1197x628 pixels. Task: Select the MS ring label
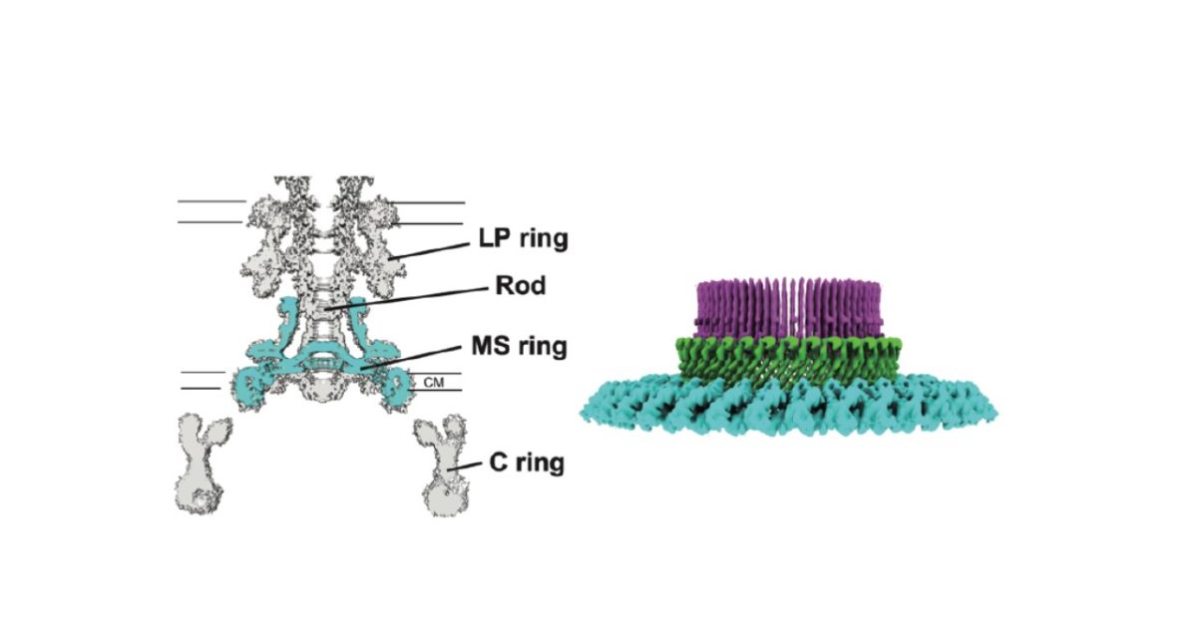tap(519, 347)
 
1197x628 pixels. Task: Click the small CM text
tap(434, 380)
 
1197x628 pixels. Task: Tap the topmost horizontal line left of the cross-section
tap(211, 201)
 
